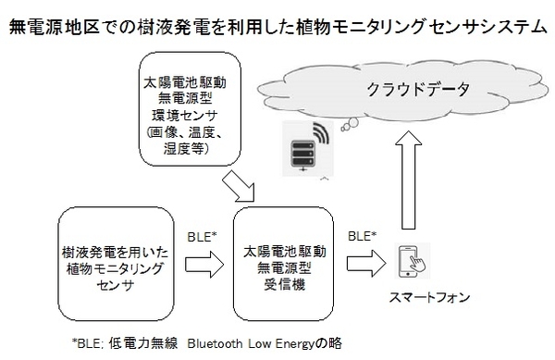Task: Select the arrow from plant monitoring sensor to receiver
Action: (202, 264)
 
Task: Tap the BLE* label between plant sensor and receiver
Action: (202, 236)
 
